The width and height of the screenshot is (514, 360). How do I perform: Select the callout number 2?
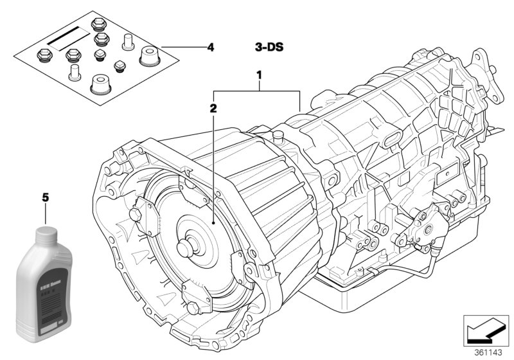[213, 108]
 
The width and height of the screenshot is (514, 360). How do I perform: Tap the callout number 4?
[210, 47]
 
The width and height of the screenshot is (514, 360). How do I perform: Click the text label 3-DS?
[269, 47]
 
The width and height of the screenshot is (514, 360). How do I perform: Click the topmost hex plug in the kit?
[98, 25]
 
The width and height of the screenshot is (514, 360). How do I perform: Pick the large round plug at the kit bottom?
[101, 84]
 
